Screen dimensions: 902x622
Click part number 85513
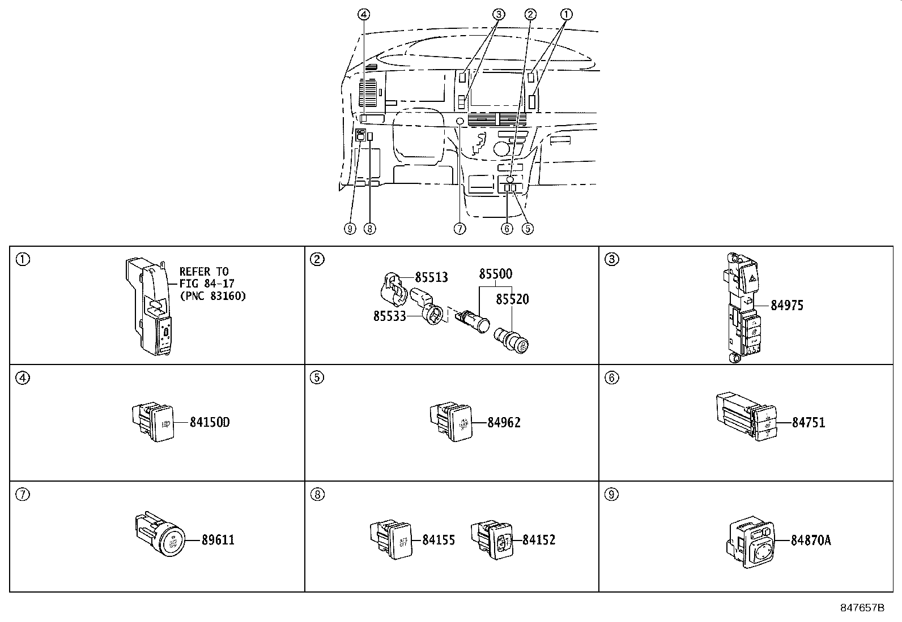tap(431, 277)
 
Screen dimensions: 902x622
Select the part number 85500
tap(495, 274)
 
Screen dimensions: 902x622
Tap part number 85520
tap(512, 299)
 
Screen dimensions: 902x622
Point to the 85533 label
tap(389, 316)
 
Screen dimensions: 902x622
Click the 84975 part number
tap(787, 306)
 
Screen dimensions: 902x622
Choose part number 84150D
tap(210, 422)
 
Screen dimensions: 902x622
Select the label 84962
tap(504, 422)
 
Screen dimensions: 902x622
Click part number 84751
tap(809, 422)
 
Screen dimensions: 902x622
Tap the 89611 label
tap(218, 540)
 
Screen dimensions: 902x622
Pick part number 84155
tap(439, 540)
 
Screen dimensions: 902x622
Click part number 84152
tap(539, 540)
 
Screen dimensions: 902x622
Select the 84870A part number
tap(811, 541)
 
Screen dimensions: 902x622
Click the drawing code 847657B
tap(862, 608)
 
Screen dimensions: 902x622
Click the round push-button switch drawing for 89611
tap(160, 534)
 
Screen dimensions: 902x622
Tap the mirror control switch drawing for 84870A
tap(751, 542)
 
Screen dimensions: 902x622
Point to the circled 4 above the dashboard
tap(364, 15)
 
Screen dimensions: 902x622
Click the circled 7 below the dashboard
tap(460, 229)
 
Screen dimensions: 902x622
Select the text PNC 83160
tap(213, 296)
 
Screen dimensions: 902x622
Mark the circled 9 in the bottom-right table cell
tap(612, 495)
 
